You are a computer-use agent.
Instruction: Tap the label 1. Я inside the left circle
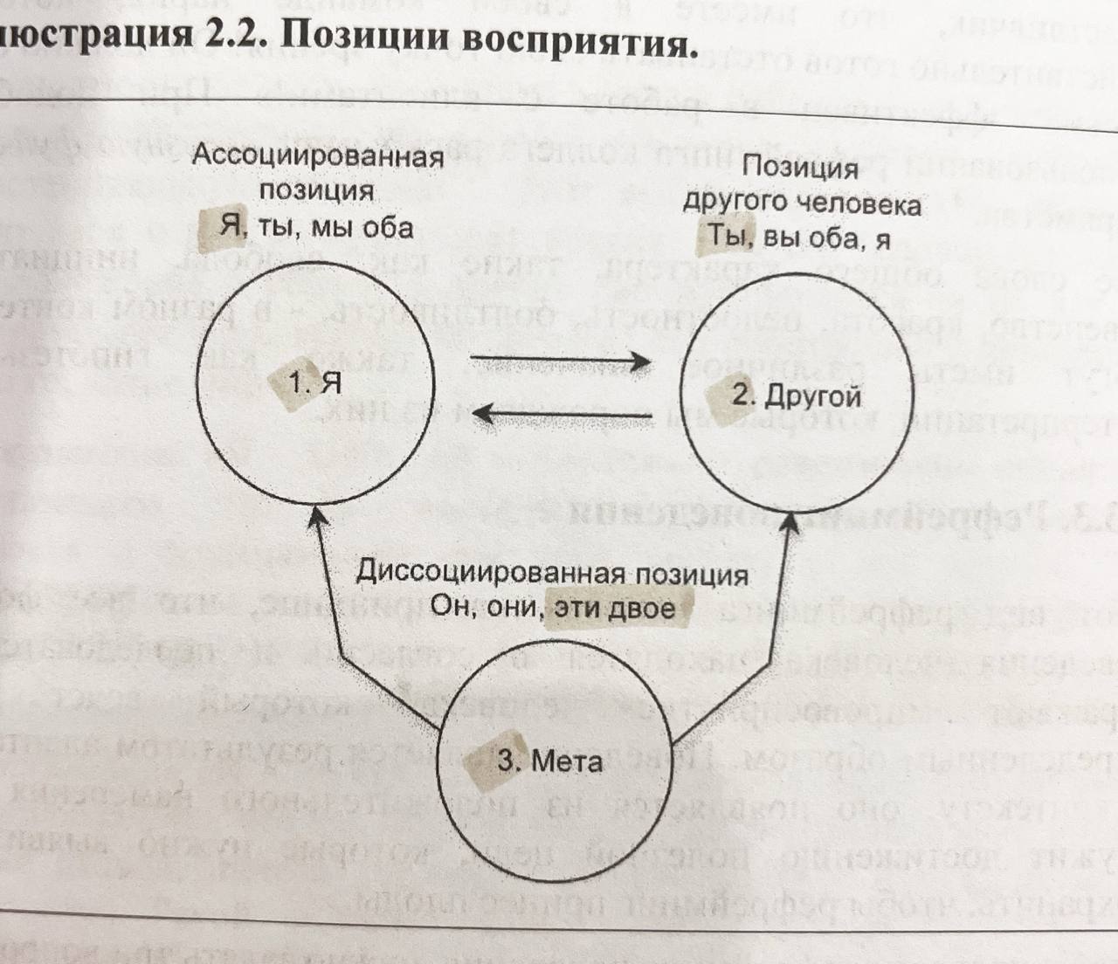pyautogui.click(x=314, y=382)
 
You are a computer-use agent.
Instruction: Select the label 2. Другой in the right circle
pyautogui.click(x=797, y=395)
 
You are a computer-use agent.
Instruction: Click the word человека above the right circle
pyautogui.click(x=859, y=203)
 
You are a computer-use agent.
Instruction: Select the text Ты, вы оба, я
pyautogui.click(x=797, y=236)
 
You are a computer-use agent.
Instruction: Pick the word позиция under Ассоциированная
pyautogui.click(x=316, y=191)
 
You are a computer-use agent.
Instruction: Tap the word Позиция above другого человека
pyautogui.click(x=799, y=167)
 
